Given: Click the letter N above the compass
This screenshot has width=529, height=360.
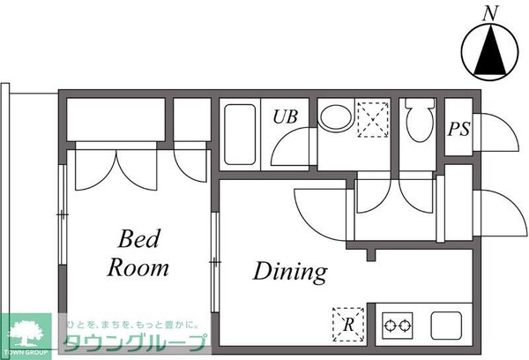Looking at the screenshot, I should click(488, 12).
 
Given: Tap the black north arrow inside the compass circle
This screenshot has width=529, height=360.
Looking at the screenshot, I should click(488, 53).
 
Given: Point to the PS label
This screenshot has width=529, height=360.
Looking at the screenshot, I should click(458, 129).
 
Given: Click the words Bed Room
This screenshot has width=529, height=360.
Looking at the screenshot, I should click(138, 252).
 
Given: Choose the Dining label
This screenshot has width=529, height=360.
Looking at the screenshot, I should click(290, 271).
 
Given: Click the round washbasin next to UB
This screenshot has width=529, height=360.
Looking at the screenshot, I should click(334, 117).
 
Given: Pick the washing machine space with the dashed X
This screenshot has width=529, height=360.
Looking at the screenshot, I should click(372, 119).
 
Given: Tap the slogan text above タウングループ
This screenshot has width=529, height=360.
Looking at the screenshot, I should click(132, 324).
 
